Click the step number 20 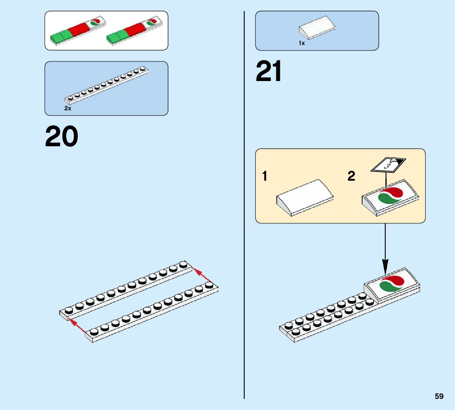click(x=62, y=137)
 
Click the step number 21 click(x=269, y=72)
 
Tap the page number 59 click(x=439, y=396)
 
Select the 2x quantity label click(x=68, y=108)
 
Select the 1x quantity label click(x=302, y=43)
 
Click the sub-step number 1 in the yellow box click(x=265, y=176)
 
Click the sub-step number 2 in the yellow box click(x=351, y=176)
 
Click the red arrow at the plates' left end click(x=77, y=325)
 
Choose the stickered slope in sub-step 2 click(x=390, y=197)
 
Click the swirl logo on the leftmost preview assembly click(x=95, y=23)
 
